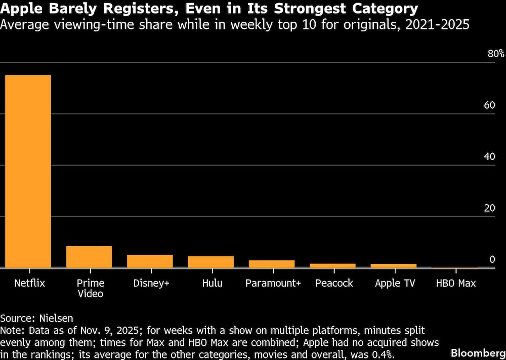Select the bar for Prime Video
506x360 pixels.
click(89, 257)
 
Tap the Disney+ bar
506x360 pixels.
click(150, 261)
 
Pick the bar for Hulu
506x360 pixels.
click(211, 262)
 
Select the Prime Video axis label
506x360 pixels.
click(90, 289)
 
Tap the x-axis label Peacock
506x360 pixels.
click(334, 284)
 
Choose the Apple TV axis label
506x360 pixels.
click(395, 284)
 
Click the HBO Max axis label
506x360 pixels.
click(456, 284)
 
